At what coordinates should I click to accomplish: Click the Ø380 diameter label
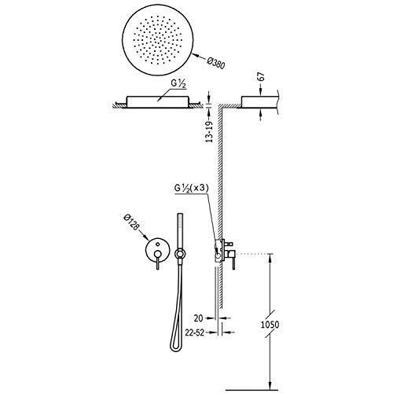[x=215, y=64]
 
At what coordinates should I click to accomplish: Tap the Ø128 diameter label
[x=131, y=223]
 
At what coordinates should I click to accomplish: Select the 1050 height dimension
[x=270, y=325]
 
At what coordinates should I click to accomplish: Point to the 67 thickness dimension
[x=262, y=77]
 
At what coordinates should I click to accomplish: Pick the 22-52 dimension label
[x=194, y=332]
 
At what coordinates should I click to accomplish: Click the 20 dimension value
[x=199, y=318]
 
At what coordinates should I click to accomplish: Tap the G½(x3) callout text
[x=191, y=188]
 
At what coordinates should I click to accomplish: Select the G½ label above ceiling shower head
[x=178, y=84]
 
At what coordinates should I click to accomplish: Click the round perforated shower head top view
[x=158, y=42]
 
